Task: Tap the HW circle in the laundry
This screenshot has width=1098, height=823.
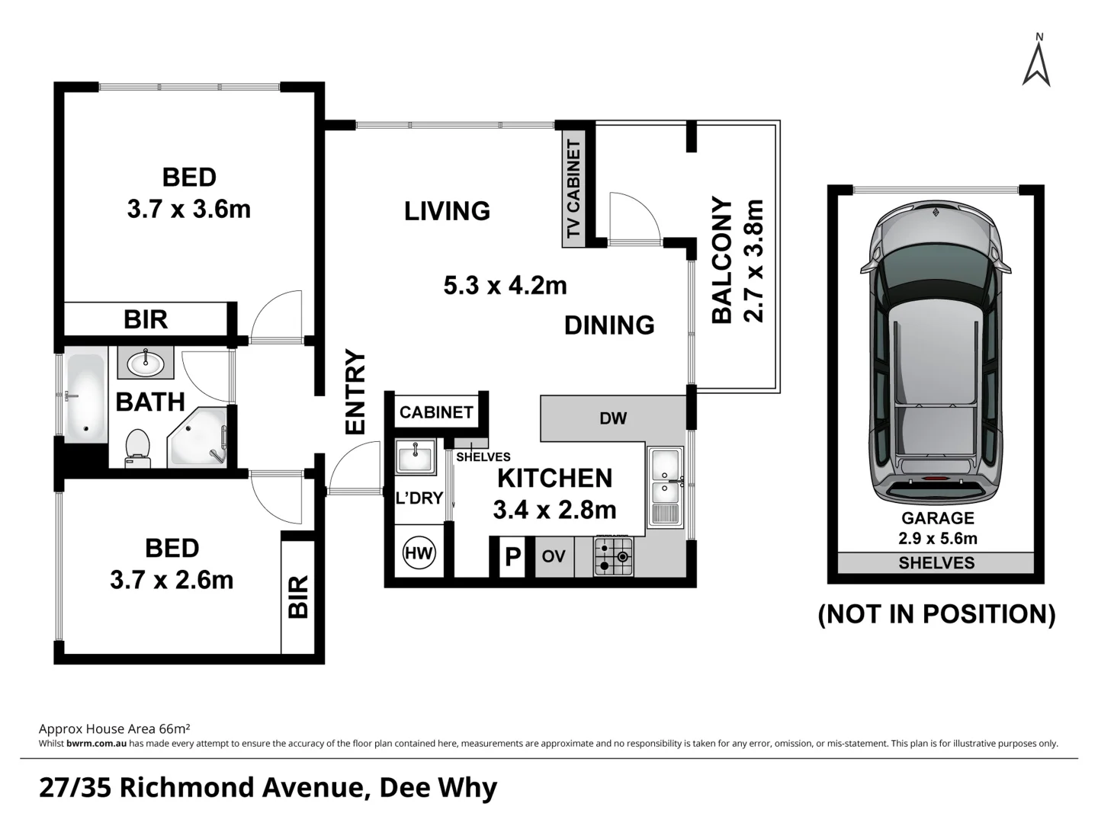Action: pos(418,553)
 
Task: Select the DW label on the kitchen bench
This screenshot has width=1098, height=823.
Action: pos(613,418)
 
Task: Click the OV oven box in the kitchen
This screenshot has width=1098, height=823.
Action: pos(554,556)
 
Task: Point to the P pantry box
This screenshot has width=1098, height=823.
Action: pos(512,557)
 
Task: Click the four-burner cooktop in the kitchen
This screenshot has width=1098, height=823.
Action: pos(614,556)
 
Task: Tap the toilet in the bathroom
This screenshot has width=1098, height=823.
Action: pos(137,447)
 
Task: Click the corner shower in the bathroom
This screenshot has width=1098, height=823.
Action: pos(198,438)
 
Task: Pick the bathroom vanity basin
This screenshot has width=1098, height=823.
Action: pos(145,363)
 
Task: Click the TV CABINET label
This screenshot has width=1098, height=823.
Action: pos(573,188)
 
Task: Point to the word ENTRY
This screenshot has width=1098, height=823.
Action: pos(355,392)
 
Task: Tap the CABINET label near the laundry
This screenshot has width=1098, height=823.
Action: pos(436,412)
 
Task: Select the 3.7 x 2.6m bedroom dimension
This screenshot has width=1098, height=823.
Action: pos(172,580)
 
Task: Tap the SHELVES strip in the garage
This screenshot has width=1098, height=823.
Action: pos(936,563)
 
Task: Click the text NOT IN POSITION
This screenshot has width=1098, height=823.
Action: pos(936,614)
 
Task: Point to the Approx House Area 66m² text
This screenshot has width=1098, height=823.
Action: pos(114,729)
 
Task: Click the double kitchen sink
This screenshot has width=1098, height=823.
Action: pos(666,486)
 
